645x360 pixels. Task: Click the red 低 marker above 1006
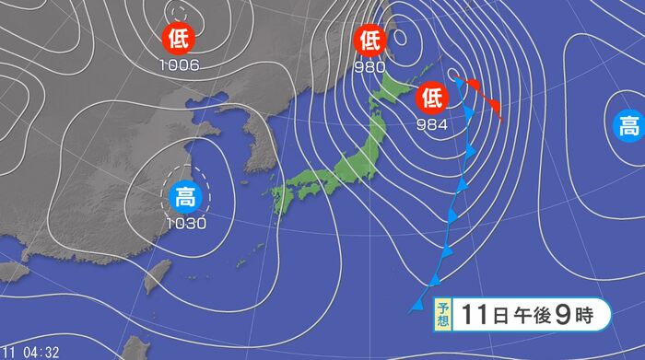pyautogui.click(x=178, y=39)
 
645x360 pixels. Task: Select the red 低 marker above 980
pyautogui.click(x=370, y=40)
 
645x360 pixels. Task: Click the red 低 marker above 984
pyautogui.click(x=432, y=98)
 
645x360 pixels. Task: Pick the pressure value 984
pyautogui.click(x=432, y=123)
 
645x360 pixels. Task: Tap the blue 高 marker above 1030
pyautogui.click(x=185, y=196)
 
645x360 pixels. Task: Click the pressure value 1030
pyautogui.click(x=186, y=222)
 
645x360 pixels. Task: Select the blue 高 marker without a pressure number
pyautogui.click(x=629, y=125)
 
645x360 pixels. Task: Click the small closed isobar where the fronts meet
pyautogui.click(x=452, y=74)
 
